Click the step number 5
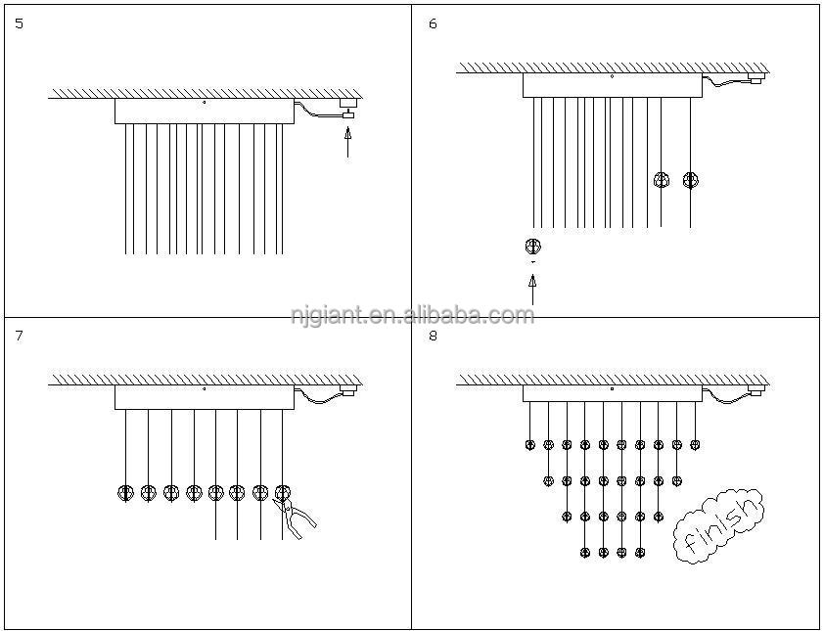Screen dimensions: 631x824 20,23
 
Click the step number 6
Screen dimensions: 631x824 433,23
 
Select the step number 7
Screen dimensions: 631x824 20,336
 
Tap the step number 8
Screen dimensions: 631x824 433,336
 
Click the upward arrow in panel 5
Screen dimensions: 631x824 347,142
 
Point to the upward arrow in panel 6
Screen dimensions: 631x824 532,290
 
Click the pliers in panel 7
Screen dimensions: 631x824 299,517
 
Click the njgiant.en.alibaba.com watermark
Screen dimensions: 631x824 412,315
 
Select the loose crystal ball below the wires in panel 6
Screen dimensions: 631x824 532,246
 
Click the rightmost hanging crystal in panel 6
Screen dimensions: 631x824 690,180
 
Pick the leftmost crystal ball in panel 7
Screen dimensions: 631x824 125,492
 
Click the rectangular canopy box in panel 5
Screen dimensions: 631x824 204,111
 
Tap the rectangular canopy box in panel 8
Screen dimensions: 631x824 612,393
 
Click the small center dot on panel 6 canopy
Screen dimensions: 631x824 612,76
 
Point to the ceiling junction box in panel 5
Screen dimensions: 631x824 347,102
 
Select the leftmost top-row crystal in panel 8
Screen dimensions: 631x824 530,445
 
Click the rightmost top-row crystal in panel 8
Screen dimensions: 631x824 695,445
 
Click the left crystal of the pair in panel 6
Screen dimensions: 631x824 661,180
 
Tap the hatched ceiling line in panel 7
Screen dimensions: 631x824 206,380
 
